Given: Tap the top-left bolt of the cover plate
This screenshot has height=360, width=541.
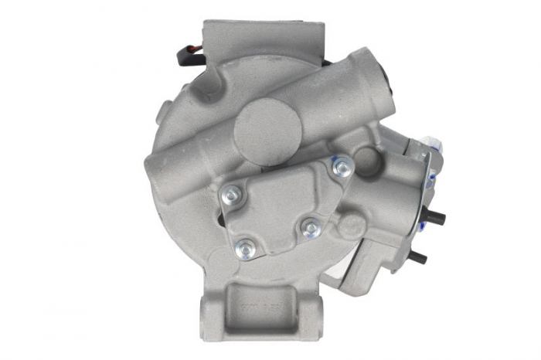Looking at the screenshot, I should (230, 195).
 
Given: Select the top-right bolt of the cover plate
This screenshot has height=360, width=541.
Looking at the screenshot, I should (340, 165).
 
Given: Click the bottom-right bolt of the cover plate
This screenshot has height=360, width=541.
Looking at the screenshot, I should (310, 228).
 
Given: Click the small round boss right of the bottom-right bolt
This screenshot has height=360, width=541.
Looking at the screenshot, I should (352, 226).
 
